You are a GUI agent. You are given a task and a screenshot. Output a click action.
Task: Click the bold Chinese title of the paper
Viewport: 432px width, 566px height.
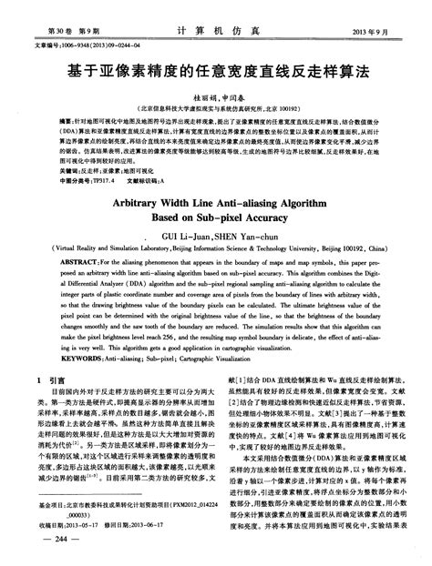215,70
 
